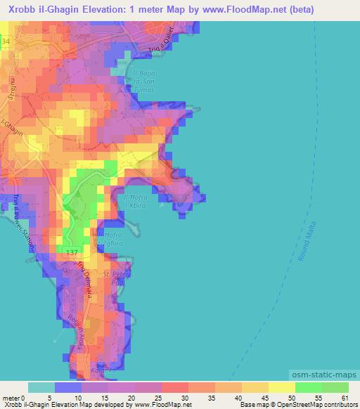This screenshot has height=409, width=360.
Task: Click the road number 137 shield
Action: [x=71, y=252]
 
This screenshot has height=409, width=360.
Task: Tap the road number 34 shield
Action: [x=6, y=43]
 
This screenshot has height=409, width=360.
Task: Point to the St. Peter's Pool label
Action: [x=117, y=276]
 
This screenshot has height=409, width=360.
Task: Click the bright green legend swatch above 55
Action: [x=308, y=387]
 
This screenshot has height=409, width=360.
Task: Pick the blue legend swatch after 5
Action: [x=68, y=387]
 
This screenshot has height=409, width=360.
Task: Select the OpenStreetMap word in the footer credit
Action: [x=314, y=405]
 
